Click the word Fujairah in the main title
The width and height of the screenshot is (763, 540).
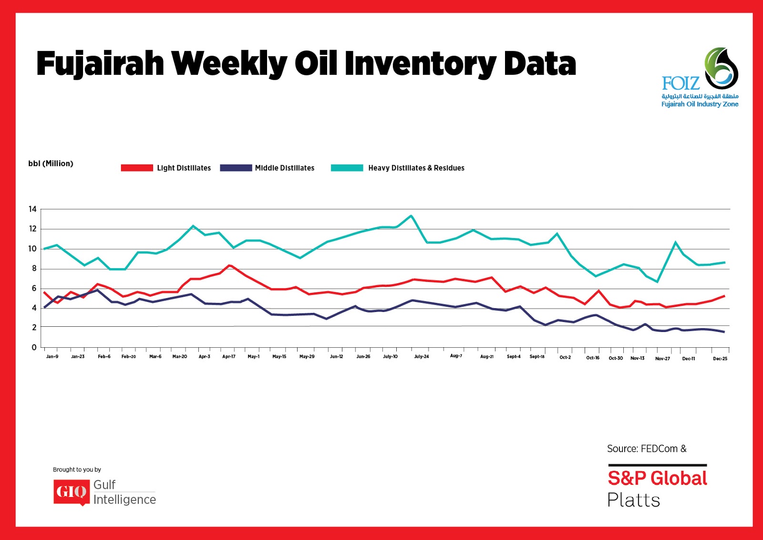point(100,64)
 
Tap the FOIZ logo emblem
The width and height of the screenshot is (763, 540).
point(721,68)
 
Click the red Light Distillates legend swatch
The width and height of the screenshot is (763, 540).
point(137,168)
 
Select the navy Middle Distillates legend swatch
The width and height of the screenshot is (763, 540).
point(236,168)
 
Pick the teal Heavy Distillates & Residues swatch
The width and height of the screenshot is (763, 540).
point(347,168)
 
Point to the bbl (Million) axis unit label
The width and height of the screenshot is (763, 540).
point(51,164)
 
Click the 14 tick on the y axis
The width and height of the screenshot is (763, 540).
point(32,209)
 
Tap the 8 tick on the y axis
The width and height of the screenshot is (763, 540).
point(34,269)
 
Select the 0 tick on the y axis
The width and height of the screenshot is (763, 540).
point(34,347)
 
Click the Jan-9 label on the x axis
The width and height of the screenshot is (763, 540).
point(52,357)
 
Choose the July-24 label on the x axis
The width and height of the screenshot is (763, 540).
point(422,357)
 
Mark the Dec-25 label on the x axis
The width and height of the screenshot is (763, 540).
point(720,359)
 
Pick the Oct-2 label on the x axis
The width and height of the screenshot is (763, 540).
point(565,357)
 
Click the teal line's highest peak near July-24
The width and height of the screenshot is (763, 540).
point(411,216)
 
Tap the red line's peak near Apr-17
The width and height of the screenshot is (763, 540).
point(230,265)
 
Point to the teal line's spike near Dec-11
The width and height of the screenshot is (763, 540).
point(676,242)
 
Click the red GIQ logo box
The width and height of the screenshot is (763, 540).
point(71,492)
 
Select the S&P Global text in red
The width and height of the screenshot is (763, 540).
point(657,478)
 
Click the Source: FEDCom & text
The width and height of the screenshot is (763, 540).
point(647,449)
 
